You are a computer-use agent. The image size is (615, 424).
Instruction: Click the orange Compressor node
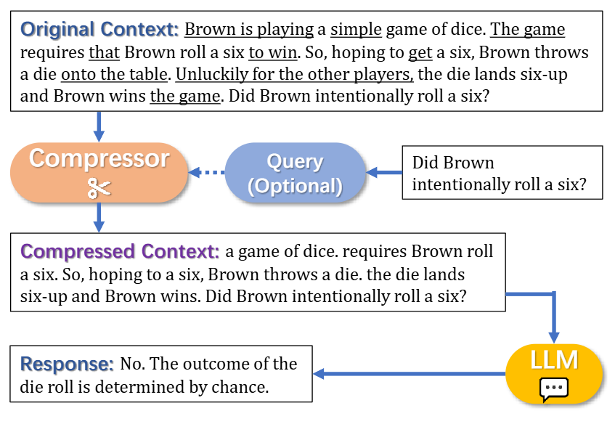(x=99, y=172)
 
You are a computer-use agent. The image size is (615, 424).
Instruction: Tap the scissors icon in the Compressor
(x=99, y=188)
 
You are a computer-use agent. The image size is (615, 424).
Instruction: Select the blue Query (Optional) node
(x=295, y=173)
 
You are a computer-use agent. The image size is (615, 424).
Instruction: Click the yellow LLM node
(x=554, y=373)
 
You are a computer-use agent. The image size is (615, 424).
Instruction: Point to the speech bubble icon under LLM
(x=554, y=389)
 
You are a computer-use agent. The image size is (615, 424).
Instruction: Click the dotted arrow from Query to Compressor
(x=207, y=172)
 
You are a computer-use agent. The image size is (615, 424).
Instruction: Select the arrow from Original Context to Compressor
(x=99, y=126)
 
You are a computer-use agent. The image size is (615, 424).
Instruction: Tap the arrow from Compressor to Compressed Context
(x=99, y=218)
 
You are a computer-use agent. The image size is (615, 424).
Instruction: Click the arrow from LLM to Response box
(x=409, y=373)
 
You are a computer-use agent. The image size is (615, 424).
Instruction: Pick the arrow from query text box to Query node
(x=384, y=172)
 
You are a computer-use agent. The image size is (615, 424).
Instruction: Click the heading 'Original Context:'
(x=99, y=30)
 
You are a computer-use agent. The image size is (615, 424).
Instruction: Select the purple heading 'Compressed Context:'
(x=120, y=251)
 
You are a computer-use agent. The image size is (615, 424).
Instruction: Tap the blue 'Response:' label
(x=67, y=364)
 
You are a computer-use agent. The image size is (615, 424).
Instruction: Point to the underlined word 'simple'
(x=356, y=30)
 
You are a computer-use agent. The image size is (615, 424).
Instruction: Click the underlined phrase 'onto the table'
(x=115, y=74)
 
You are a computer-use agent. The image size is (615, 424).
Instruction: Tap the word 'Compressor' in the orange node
(x=99, y=159)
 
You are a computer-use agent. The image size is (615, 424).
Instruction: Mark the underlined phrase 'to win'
(x=273, y=52)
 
